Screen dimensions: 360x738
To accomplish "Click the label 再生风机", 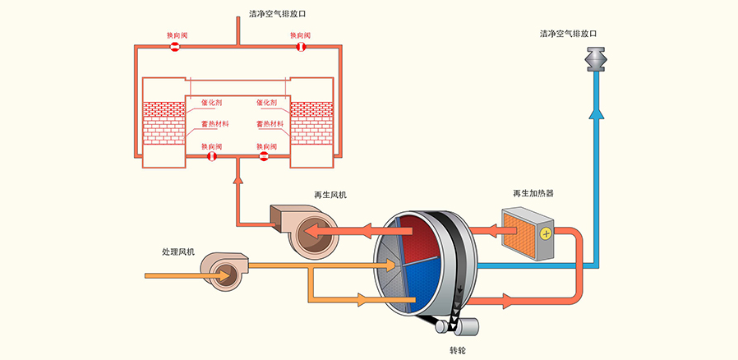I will point(330,195).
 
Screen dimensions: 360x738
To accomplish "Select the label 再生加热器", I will point(533,194).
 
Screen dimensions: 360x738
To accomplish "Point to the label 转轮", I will point(459,350).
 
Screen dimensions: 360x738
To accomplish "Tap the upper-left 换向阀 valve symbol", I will point(174,48).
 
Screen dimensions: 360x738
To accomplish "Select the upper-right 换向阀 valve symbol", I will point(301,48).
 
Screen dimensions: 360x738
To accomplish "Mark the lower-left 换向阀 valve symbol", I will point(211,156).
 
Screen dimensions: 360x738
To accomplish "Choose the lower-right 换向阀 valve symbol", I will point(265,156).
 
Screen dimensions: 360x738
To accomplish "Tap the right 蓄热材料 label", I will point(270,124).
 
